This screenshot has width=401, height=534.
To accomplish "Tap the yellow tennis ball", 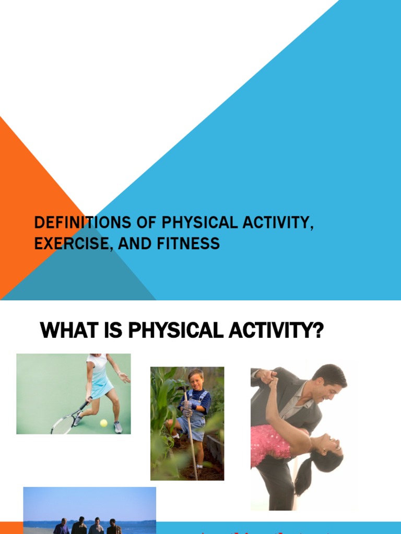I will point(103,423).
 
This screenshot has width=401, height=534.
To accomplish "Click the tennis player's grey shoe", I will point(118,427).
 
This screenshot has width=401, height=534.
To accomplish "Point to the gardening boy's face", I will point(196,380).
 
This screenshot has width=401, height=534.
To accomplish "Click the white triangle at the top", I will point(131,63).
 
